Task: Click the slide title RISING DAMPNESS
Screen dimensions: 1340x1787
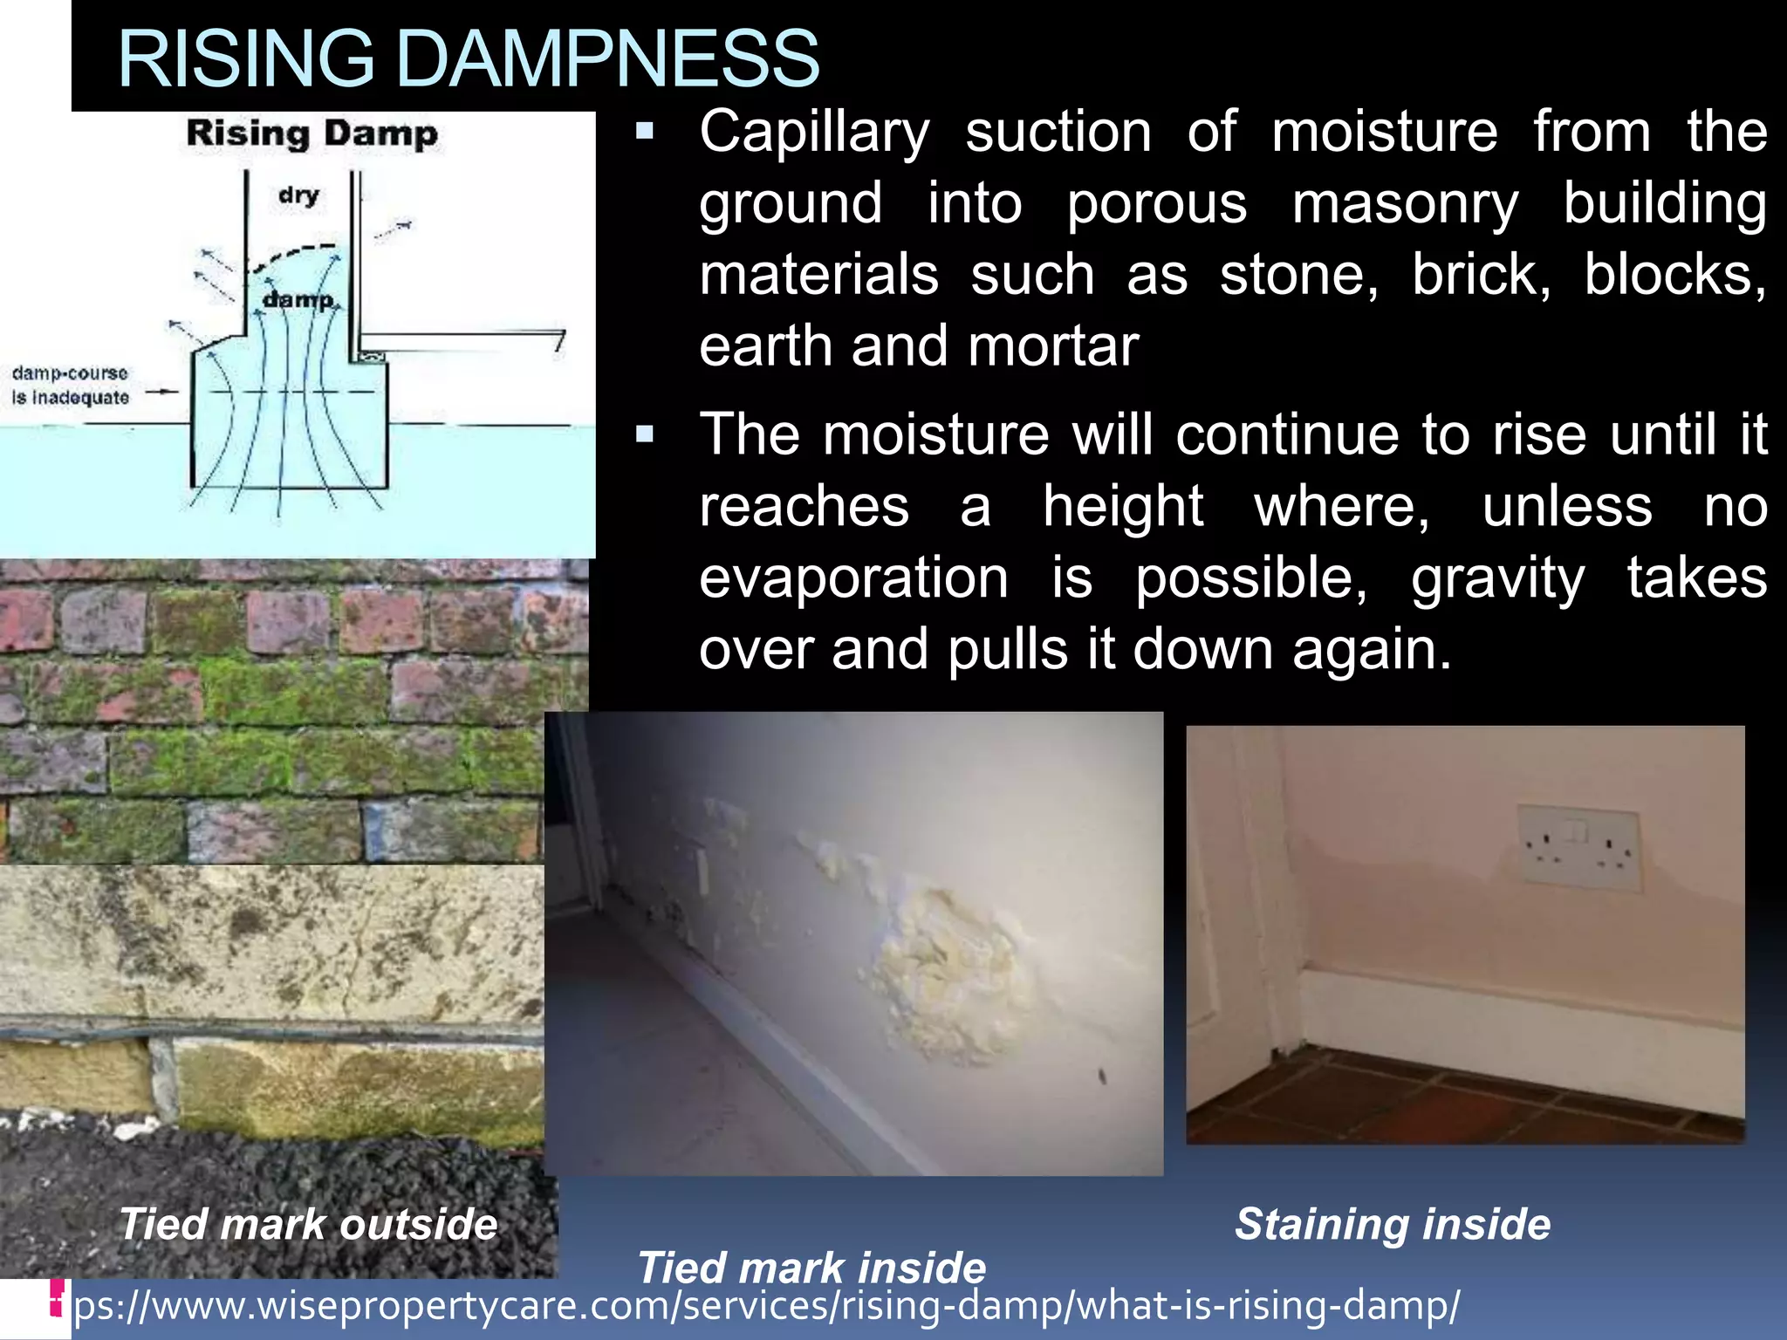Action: (468, 59)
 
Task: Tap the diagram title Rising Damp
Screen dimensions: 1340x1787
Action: (312, 134)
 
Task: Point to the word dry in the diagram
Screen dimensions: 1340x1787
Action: (299, 194)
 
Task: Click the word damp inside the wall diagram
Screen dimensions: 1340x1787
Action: (298, 299)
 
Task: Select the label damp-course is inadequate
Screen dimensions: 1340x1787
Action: (70, 385)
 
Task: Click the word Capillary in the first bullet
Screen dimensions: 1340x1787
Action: (814, 133)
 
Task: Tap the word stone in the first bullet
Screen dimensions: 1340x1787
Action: (1297, 275)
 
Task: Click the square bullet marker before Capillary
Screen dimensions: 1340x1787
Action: (645, 133)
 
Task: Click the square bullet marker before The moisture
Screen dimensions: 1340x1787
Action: (645, 434)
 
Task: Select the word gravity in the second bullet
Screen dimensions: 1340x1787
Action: (1497, 578)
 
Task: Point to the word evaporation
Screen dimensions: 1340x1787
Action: (853, 578)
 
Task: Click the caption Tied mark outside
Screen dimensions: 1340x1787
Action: (308, 1223)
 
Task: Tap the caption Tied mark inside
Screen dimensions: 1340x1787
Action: (811, 1267)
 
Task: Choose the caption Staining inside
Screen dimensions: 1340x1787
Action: (1393, 1223)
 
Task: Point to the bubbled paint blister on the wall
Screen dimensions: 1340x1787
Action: (947, 968)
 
